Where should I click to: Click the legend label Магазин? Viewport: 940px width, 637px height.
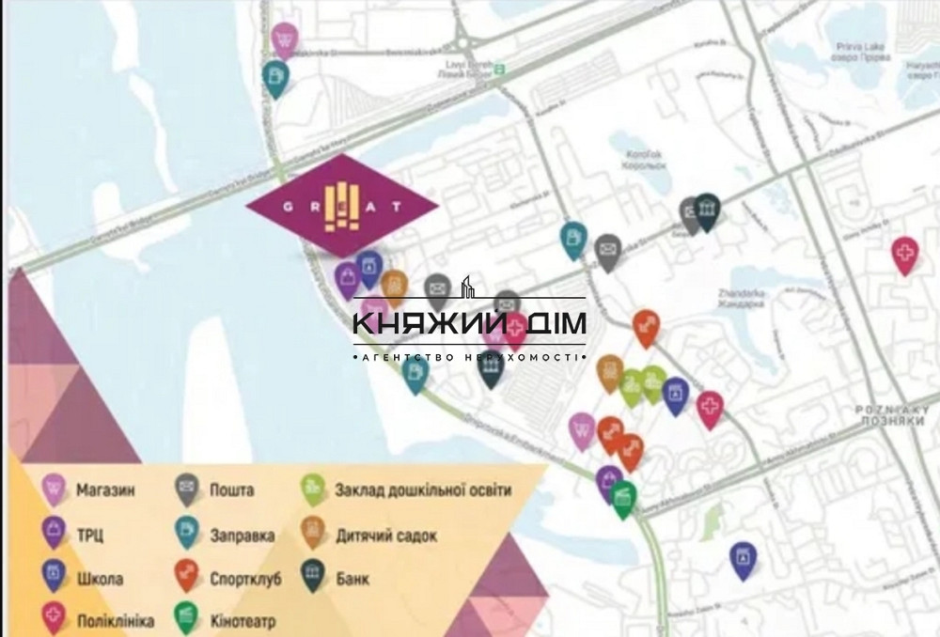[105, 489]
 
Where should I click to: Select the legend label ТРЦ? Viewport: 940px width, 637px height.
[91, 536]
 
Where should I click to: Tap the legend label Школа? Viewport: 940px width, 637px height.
[100, 579]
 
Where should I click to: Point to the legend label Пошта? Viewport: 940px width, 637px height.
[232, 489]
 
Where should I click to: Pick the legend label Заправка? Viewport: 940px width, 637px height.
[243, 536]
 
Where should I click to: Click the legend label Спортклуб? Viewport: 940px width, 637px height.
[245, 579]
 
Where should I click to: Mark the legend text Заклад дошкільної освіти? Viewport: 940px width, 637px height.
[423, 489]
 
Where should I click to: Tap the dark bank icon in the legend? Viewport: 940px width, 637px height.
[313, 575]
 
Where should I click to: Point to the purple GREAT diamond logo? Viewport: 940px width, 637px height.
[342, 204]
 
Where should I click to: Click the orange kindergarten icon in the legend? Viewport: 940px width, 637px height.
[313, 533]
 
